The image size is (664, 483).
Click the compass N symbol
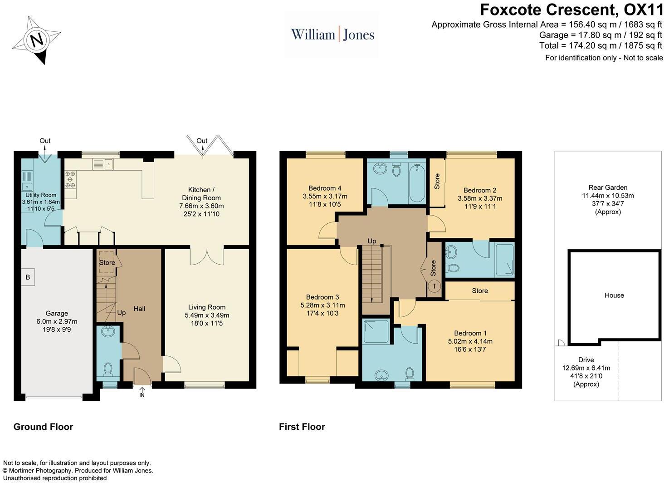(37, 40)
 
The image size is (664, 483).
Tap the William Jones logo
(332, 35)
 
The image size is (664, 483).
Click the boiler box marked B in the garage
(28, 277)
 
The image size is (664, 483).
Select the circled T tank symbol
(434, 286)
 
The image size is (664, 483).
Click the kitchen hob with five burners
(71, 179)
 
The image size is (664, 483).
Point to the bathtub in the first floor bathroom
(417, 183)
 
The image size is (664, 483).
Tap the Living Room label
(207, 307)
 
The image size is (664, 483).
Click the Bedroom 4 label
(325, 188)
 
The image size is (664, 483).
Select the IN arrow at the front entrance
(142, 392)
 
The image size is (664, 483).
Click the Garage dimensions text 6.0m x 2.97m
(57, 321)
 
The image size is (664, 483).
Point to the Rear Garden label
(608, 187)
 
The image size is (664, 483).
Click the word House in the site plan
(614, 295)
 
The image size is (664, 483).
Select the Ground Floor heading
(43, 427)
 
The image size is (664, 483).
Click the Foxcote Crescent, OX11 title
(571, 10)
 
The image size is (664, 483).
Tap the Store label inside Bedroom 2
(437, 182)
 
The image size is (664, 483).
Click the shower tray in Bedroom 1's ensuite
(376, 332)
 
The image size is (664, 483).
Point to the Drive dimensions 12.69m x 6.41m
(586, 368)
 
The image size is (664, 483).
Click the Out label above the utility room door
(45, 141)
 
